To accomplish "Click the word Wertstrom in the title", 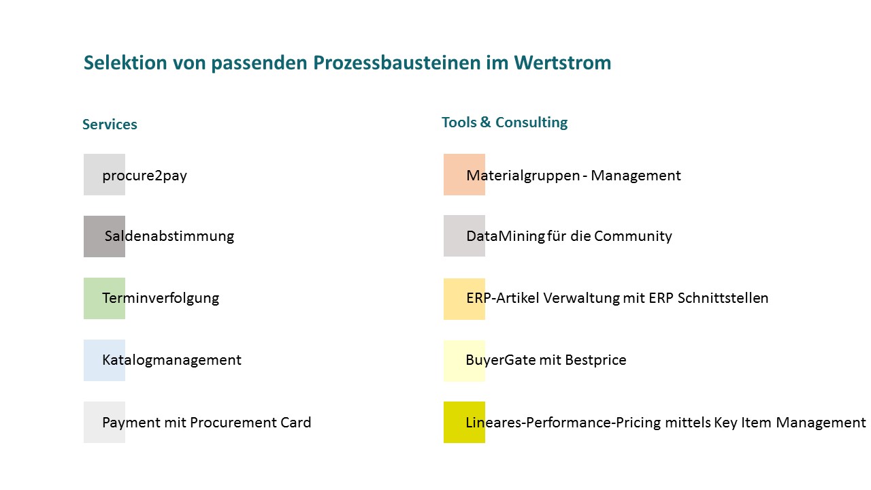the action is coord(563,63).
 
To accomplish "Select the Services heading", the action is coord(110,125).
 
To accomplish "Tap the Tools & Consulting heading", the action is coord(505,122).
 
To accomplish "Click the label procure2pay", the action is coord(145,176).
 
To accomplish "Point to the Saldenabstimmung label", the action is coord(169,236).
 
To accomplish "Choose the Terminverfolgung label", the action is coord(161,298).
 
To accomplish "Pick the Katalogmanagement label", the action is coord(172,361).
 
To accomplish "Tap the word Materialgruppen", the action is coord(523,176).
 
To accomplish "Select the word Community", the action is coord(633,236).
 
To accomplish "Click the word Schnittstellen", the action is coord(723,298).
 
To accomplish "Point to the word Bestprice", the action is coord(595,360).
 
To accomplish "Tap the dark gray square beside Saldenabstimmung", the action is coord(104,236).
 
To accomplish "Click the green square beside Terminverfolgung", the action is coord(104,298).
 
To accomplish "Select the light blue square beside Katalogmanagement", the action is coord(104,361).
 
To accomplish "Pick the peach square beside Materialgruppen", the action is coord(464,175).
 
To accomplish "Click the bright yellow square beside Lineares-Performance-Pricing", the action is coord(464,423).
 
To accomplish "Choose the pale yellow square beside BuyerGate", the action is coord(464,361).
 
